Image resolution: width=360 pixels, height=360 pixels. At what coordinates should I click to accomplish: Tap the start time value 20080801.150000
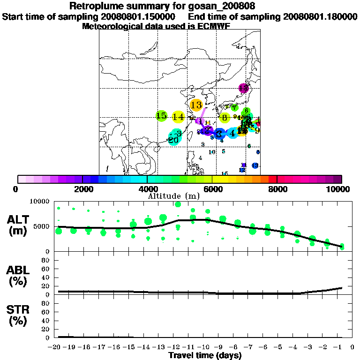pyautogui.click(x=138, y=16)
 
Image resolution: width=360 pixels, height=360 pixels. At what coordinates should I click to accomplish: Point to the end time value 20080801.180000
pyautogui.click(x=320, y=16)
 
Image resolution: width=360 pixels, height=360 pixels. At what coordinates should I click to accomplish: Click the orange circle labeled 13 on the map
pyautogui.click(x=196, y=105)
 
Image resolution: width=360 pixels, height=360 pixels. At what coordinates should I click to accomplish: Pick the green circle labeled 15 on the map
pyautogui.click(x=161, y=116)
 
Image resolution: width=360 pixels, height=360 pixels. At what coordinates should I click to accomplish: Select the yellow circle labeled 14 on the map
pyautogui.click(x=178, y=117)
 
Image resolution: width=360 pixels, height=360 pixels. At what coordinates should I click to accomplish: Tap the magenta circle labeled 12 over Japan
pyautogui.click(x=243, y=88)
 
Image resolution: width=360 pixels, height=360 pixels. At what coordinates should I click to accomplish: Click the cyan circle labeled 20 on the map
pyautogui.click(x=173, y=140)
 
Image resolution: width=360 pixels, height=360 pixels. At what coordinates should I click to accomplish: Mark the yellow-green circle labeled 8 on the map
pyautogui.click(x=225, y=118)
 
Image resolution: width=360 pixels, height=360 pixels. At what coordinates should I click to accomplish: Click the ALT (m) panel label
pyautogui.click(x=18, y=225)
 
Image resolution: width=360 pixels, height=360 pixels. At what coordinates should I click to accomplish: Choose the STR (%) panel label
pyautogui.click(x=18, y=315)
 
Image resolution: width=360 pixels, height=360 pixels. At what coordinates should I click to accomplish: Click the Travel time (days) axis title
pyautogui.click(x=205, y=356)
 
